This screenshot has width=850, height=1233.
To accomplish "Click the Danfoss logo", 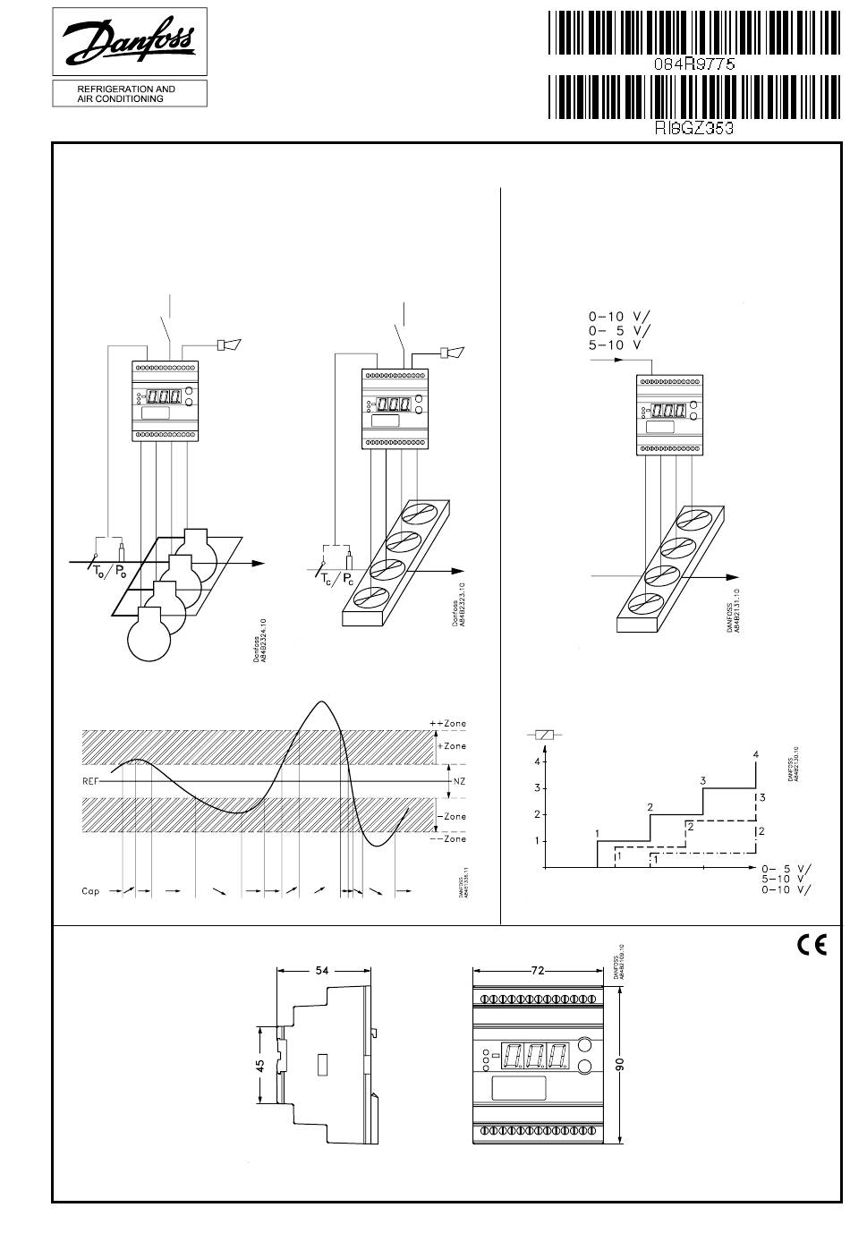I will point(130,43).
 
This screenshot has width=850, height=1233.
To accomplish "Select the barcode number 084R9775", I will point(693,64).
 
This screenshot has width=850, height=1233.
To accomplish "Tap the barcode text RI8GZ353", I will point(694,128).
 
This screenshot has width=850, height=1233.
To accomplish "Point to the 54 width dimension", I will point(324,970).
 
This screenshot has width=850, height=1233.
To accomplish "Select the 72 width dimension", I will point(538,970).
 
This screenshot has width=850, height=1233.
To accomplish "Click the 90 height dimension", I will point(621,1063).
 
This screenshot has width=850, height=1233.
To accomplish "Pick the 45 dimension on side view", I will point(260,1066).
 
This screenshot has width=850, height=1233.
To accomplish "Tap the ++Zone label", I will point(448,723).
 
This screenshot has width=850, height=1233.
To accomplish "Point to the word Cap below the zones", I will point(90,891).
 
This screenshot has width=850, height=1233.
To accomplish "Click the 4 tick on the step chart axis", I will point(537,761).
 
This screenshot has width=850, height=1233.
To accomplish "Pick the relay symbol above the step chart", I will point(545,735).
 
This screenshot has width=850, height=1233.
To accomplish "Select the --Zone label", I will point(450,839).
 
